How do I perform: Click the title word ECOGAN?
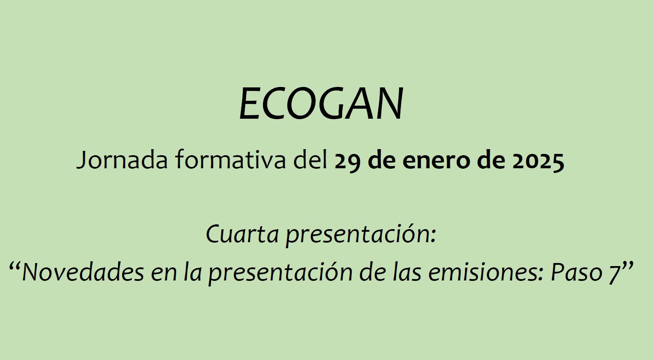pos(321,103)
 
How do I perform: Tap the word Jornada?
pos(122,160)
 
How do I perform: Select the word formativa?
pos(231,160)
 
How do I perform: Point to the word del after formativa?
pos(310,160)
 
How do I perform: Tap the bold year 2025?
pos(538,160)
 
